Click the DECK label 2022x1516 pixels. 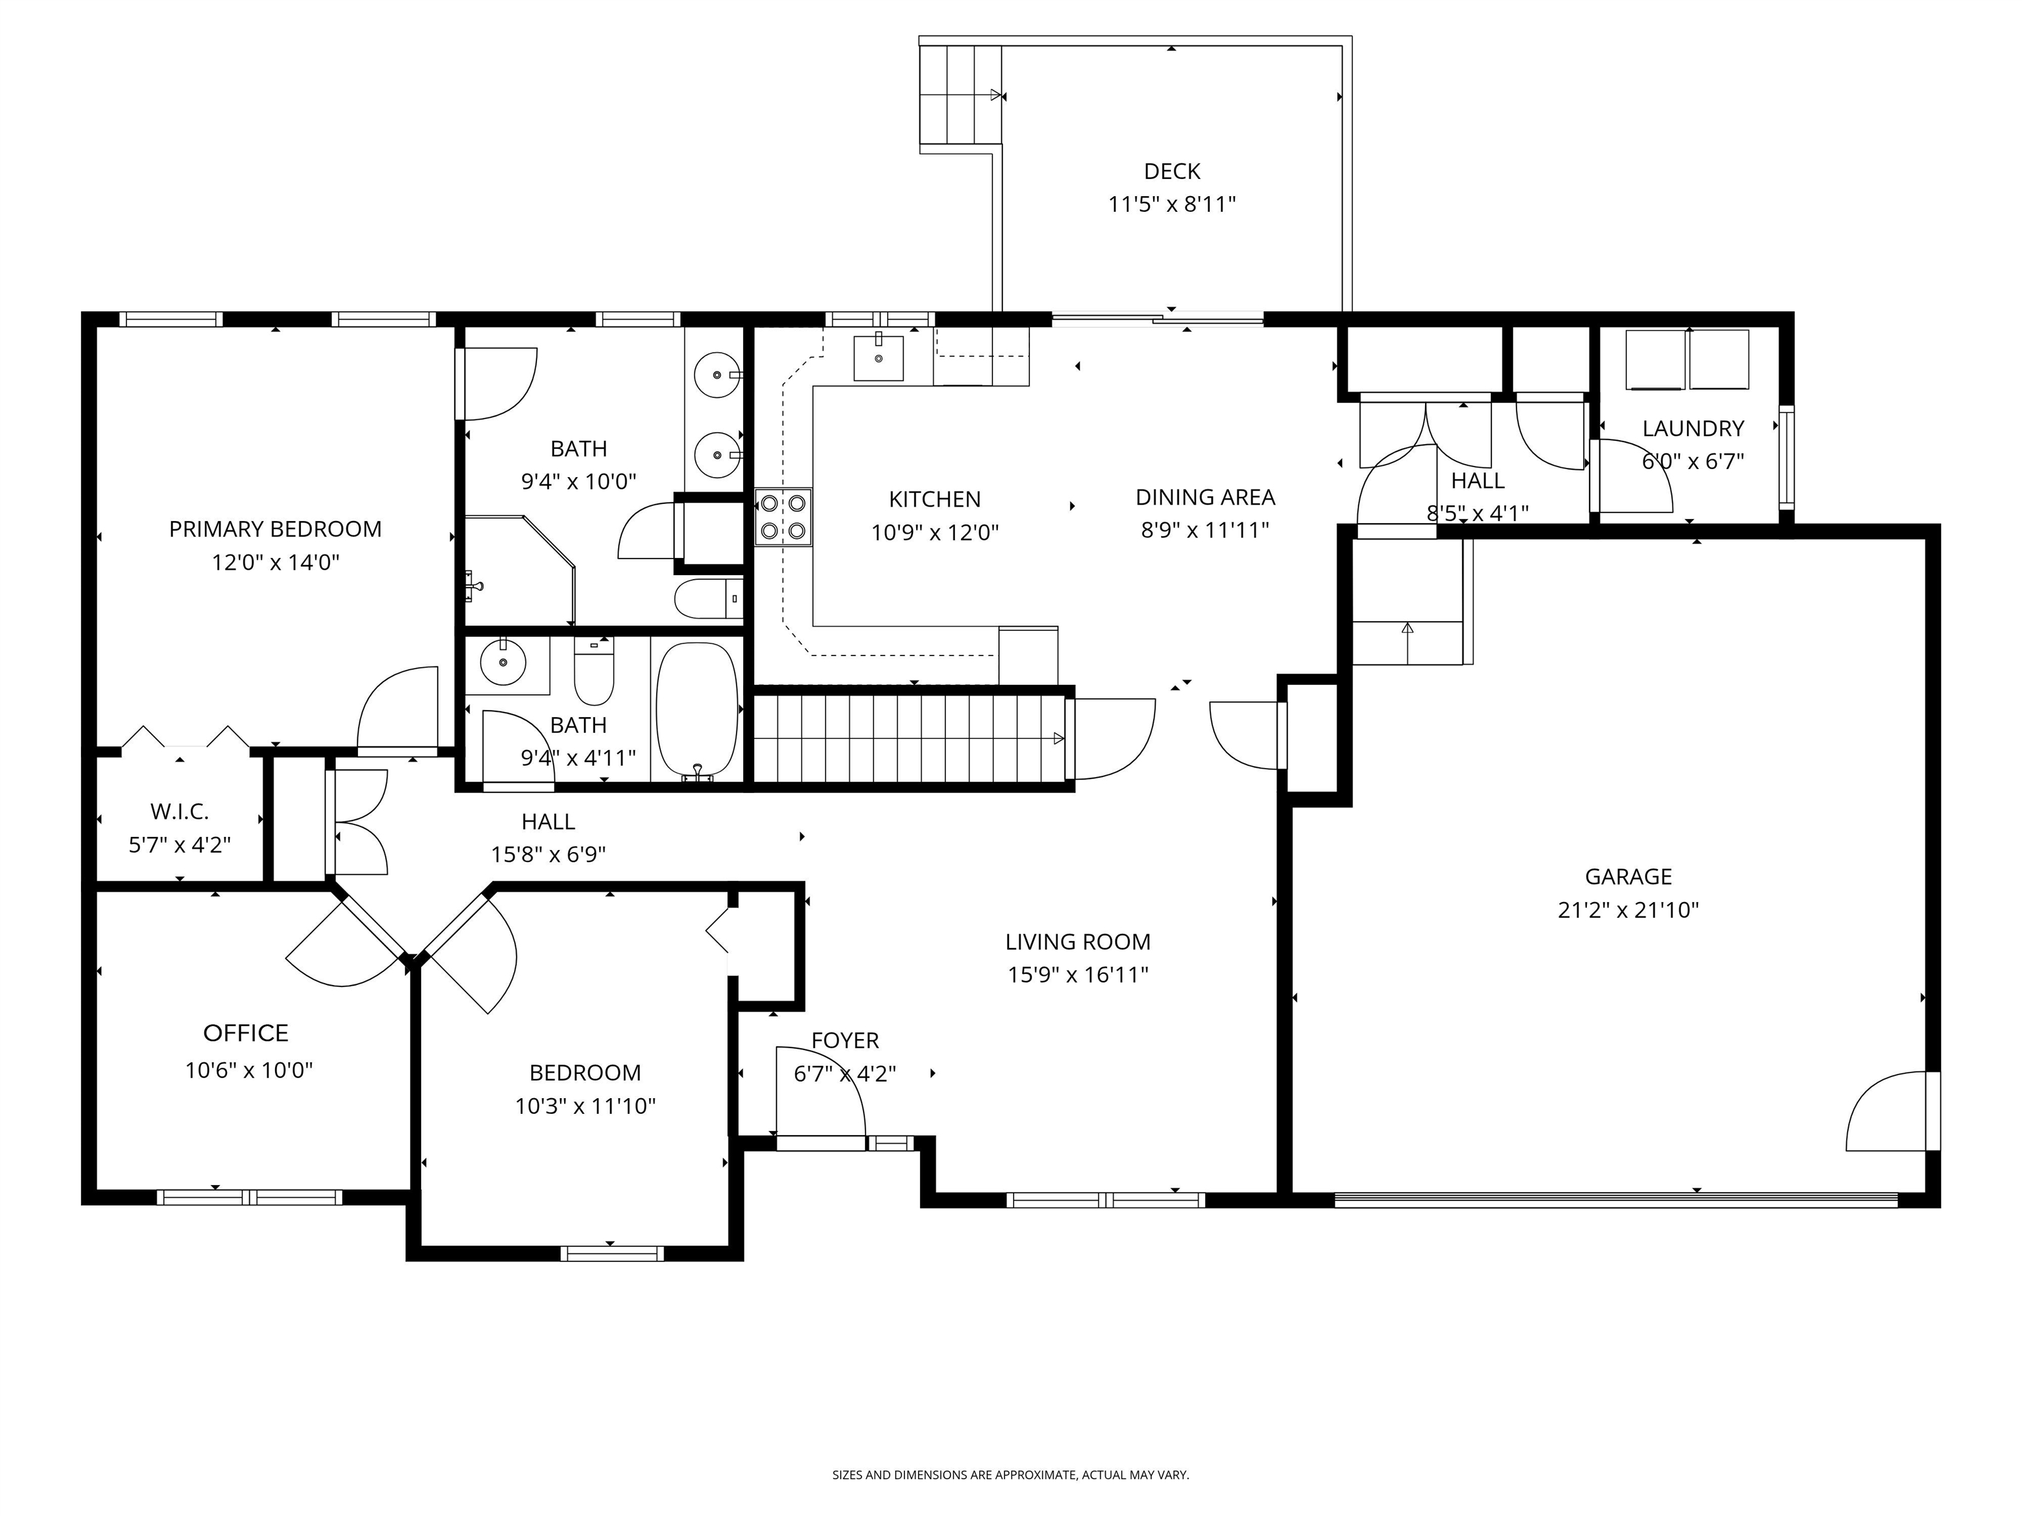click(x=1171, y=171)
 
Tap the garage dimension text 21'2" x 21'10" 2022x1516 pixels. click(x=1627, y=909)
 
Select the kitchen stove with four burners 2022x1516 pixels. click(x=783, y=517)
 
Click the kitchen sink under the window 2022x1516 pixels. click(x=877, y=357)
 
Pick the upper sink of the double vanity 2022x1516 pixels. click(x=717, y=374)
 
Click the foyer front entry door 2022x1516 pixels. click(x=820, y=1142)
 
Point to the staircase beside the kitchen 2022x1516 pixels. click(x=910, y=738)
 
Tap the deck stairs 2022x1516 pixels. click(x=959, y=95)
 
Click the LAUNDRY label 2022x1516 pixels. click(x=1692, y=428)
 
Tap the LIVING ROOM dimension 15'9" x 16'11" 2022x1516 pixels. click(x=1077, y=974)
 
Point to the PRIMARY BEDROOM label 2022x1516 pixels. click(x=275, y=528)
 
